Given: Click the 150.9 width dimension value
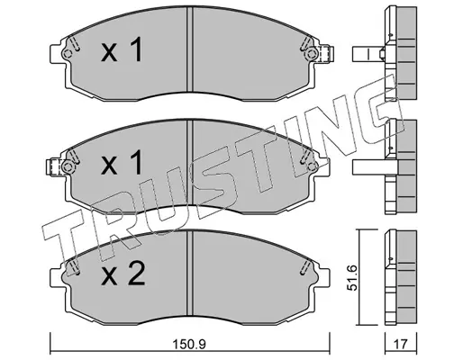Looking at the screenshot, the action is point(189,344).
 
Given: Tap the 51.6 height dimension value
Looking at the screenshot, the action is point(352,277).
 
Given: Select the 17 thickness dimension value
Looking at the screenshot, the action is point(401,344).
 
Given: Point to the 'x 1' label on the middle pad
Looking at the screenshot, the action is point(122,162).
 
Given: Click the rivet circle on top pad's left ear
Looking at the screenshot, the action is point(68,54).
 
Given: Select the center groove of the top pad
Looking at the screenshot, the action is point(189,49).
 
